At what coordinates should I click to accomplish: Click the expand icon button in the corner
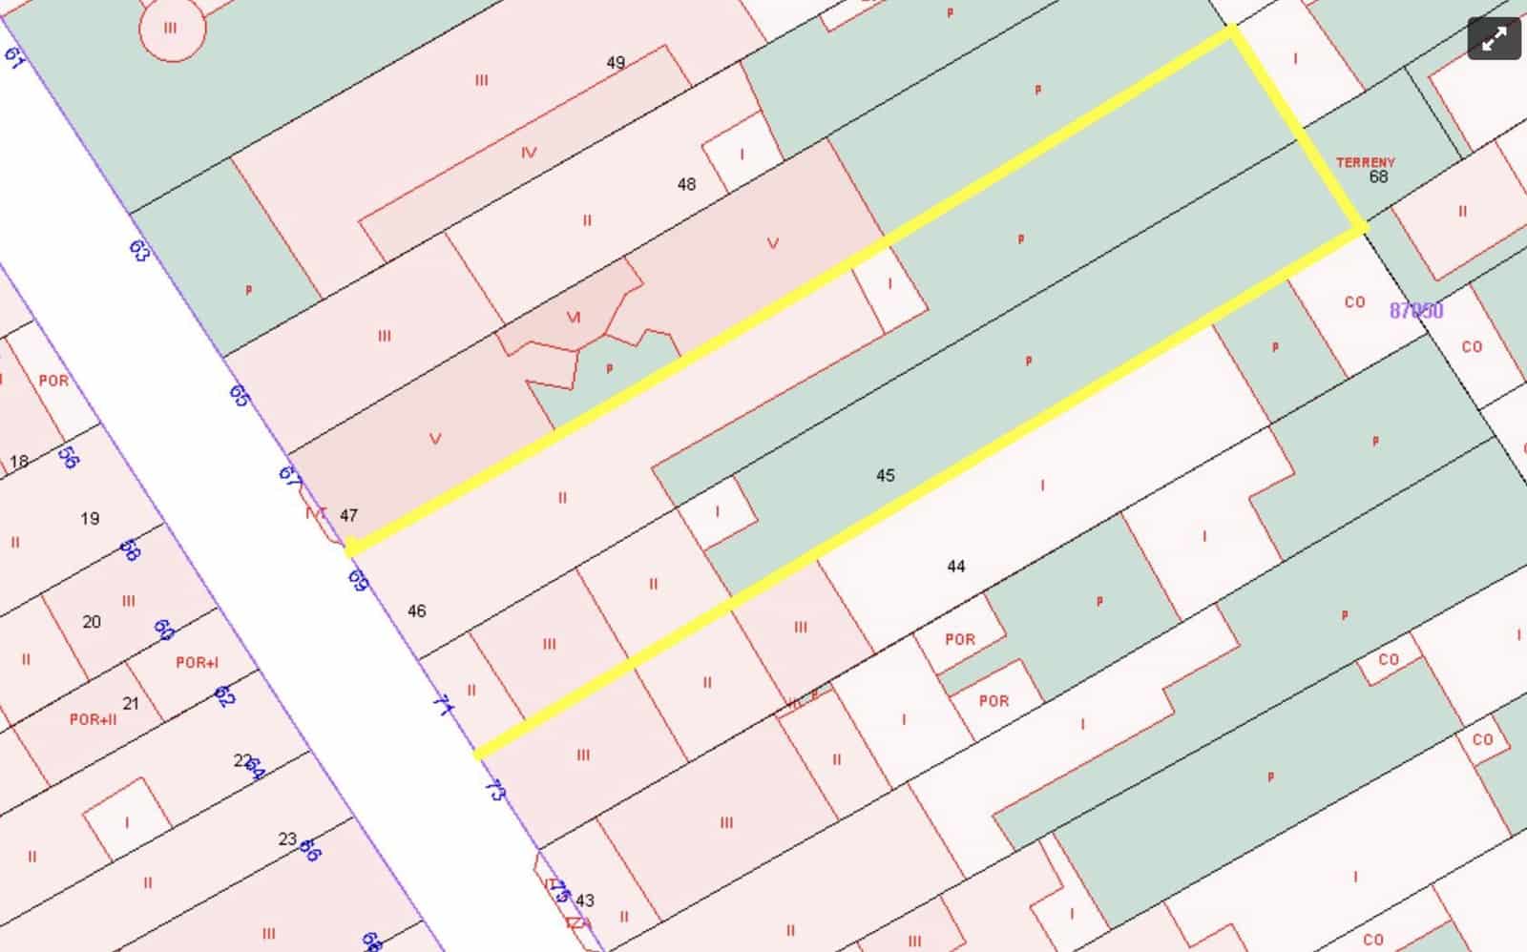(x=1494, y=39)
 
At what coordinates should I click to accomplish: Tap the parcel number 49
(x=616, y=63)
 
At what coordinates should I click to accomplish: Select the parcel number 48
(x=686, y=184)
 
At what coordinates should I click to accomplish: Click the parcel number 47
(x=348, y=515)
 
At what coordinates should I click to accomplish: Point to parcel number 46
(x=416, y=611)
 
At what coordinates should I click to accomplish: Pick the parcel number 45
(x=885, y=475)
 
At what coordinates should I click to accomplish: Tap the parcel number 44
(x=956, y=567)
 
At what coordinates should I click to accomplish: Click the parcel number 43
(x=585, y=900)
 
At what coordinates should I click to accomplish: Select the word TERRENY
(x=1365, y=163)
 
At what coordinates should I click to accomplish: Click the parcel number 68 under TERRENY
(x=1378, y=177)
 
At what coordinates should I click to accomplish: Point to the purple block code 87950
(x=1416, y=311)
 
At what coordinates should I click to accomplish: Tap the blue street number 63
(x=139, y=251)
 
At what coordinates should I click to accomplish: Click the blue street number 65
(x=239, y=395)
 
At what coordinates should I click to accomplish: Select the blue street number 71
(x=442, y=705)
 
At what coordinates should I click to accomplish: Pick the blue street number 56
(x=68, y=457)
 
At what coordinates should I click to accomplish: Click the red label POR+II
(x=93, y=719)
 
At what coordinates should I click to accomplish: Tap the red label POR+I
(x=197, y=663)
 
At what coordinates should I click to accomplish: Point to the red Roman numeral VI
(x=574, y=317)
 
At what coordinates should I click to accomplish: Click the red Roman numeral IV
(x=529, y=153)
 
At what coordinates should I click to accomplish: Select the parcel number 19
(x=90, y=519)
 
